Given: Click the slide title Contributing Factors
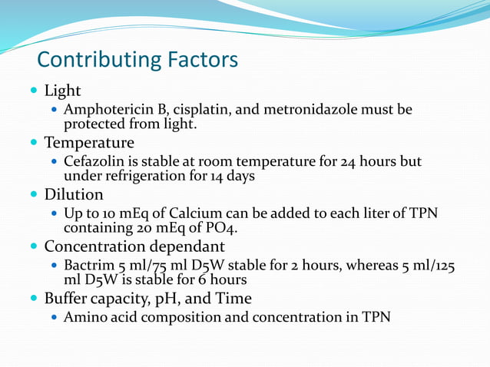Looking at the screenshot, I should coord(137,59).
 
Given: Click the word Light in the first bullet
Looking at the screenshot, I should coord(62,91).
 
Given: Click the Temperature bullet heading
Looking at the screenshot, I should coord(89,143).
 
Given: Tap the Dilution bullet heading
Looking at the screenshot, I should coord(74,194).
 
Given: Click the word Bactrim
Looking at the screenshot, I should coord(88,266).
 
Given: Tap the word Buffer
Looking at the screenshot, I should coord(68,298).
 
